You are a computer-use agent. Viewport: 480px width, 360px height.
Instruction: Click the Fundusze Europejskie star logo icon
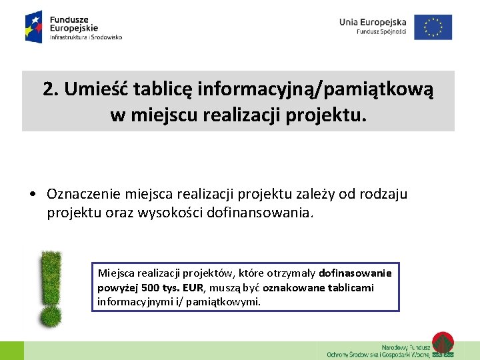coord(34,26)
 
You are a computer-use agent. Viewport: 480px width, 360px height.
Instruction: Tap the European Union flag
coord(433,27)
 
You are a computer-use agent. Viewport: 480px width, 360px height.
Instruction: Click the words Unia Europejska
coord(372,22)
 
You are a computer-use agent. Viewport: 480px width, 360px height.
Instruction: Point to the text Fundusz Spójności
coord(381,32)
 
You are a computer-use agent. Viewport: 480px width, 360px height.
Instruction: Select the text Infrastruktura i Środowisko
coord(86,38)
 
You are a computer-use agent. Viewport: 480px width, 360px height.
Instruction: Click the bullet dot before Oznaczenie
coord(32,195)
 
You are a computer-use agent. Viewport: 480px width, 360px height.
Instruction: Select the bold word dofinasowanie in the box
coord(355,273)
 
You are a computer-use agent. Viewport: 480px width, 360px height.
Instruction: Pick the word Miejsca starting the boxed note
coord(117,273)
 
